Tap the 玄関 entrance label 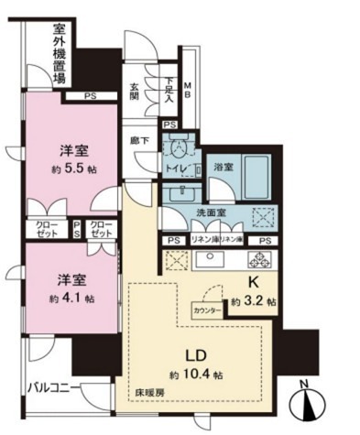(x=136, y=95)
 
